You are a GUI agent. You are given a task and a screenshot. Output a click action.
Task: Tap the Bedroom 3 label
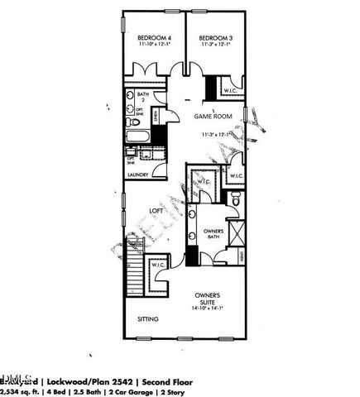(215, 38)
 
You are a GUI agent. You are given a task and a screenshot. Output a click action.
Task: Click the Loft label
(155, 211)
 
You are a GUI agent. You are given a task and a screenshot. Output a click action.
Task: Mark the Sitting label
(148, 318)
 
